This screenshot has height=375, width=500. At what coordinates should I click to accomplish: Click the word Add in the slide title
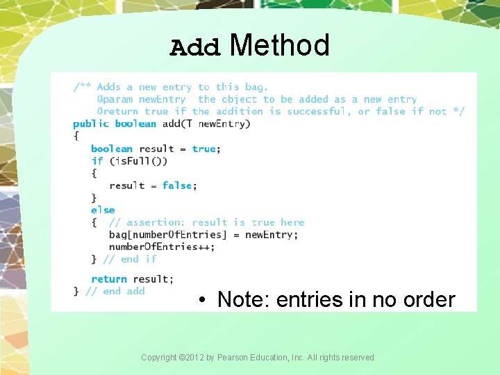[x=195, y=47]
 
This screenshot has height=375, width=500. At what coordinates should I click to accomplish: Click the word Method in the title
[x=279, y=46]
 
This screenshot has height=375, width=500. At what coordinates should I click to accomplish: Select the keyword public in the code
[x=91, y=124]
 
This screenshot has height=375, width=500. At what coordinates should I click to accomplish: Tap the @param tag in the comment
[x=115, y=99]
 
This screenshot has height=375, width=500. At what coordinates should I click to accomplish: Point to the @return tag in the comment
[x=118, y=111]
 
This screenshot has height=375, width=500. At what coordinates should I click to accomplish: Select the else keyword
[x=103, y=210]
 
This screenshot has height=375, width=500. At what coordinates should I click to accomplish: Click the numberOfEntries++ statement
[x=162, y=247]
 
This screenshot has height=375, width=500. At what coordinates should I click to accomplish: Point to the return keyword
[x=109, y=279]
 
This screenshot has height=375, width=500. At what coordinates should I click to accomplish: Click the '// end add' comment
[x=115, y=291]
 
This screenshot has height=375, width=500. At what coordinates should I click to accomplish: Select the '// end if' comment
[x=130, y=259]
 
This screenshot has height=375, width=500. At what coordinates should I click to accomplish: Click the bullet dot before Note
[x=200, y=301]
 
